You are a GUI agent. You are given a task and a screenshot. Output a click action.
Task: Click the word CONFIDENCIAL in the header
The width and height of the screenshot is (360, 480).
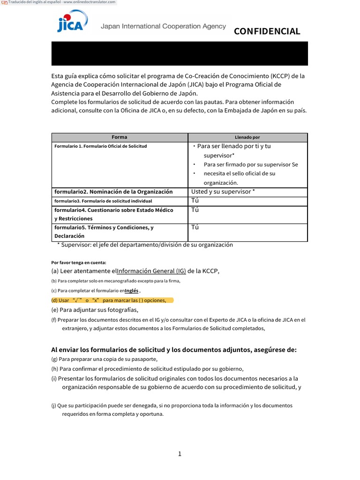[267, 31]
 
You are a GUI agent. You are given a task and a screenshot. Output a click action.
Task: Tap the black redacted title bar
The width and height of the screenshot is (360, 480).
[180, 53]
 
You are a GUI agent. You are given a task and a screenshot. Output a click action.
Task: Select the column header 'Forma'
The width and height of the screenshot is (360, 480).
[120, 137]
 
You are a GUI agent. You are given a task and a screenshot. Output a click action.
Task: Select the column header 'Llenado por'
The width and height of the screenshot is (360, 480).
[247, 137]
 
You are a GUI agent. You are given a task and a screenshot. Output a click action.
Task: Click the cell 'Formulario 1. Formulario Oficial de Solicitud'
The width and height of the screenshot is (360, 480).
[101, 146]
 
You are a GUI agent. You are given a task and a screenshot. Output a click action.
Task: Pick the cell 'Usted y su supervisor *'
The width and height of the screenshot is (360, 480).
[223, 192]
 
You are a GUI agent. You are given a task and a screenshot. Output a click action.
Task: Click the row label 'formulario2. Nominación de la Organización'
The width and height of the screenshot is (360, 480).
[113, 192]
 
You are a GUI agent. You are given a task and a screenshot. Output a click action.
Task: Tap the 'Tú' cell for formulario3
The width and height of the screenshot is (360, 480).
[195, 201]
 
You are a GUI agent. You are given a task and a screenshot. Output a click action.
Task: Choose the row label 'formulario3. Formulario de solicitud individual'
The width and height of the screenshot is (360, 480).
[103, 201]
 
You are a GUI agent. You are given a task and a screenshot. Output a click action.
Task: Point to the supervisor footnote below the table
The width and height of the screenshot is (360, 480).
[145, 245]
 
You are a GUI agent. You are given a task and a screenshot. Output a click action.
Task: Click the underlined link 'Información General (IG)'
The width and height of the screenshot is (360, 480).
[151, 271]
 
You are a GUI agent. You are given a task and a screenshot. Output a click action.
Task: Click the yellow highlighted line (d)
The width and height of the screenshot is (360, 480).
[112, 300]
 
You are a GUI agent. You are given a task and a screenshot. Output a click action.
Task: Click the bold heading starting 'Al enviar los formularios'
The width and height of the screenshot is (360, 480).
[173, 350]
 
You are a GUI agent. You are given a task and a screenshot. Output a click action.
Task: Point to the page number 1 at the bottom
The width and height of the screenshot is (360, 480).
[180, 454]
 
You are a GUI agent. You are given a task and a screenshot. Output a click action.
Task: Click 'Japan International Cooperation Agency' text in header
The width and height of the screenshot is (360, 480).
[163, 27]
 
